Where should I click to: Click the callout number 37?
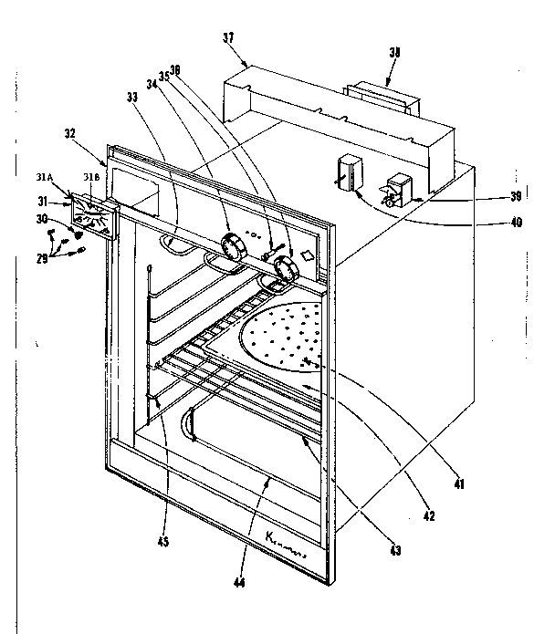coord(228,37)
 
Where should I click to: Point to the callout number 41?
coord(459,484)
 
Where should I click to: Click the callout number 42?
coord(429,515)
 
